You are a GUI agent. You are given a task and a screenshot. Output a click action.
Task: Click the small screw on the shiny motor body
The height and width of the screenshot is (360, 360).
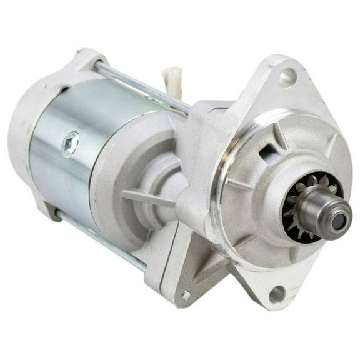(x=70, y=144)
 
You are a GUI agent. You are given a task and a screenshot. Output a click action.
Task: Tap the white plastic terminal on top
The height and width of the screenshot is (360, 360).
(x=171, y=81)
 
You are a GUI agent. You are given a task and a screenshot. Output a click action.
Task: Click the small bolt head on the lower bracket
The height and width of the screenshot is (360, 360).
(x=186, y=295)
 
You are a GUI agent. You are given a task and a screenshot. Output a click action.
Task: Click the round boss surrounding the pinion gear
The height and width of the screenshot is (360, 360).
(x=275, y=187)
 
